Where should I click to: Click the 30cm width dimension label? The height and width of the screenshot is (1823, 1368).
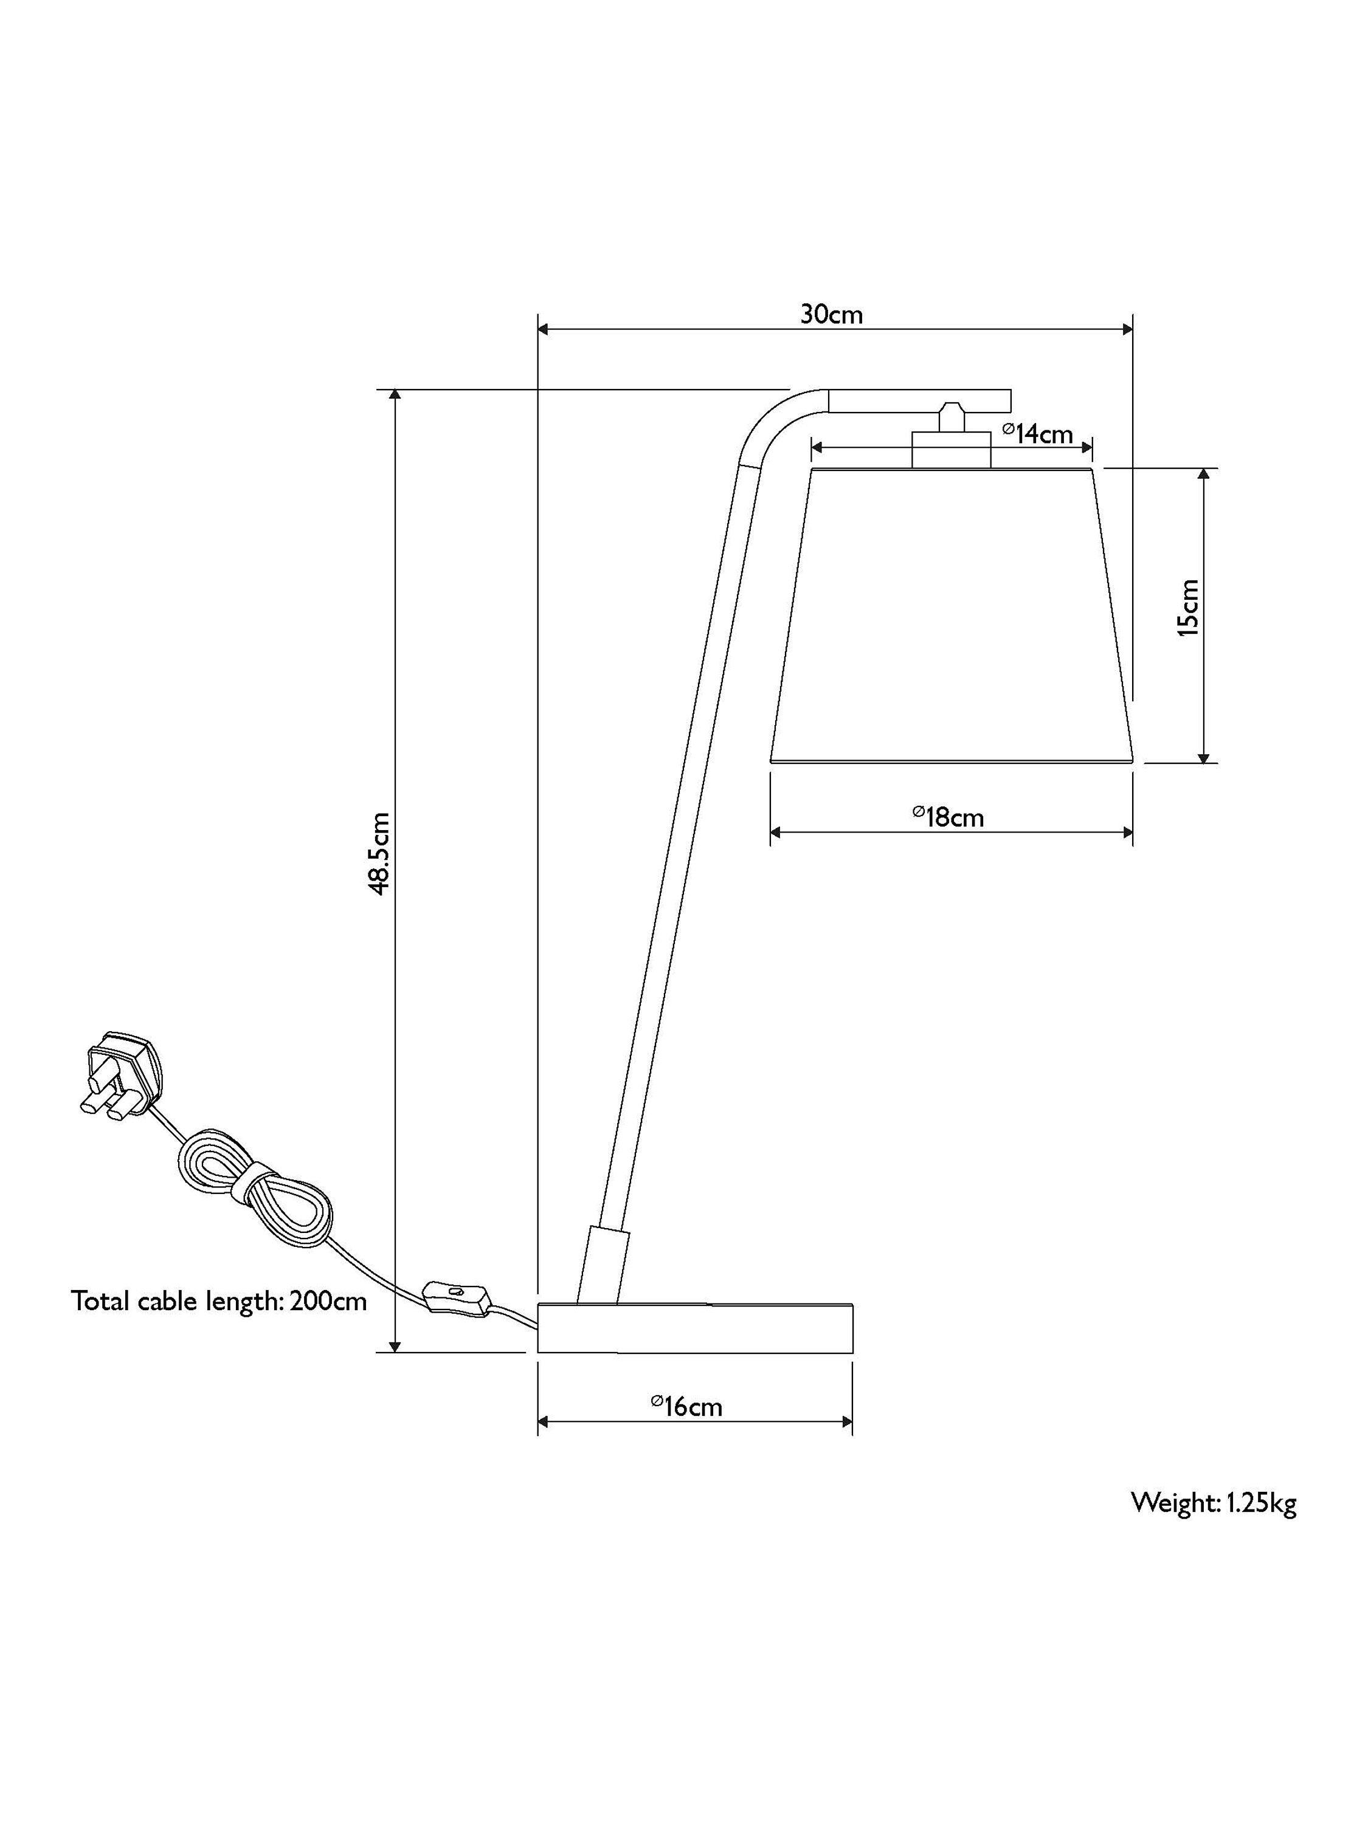click(831, 314)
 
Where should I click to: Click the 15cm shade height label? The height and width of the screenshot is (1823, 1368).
click(1187, 608)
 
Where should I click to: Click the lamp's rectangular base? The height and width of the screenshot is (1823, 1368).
click(695, 1328)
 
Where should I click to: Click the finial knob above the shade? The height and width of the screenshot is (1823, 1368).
click(951, 416)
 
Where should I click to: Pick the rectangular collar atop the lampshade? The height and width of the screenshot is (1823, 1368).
click(951, 450)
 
